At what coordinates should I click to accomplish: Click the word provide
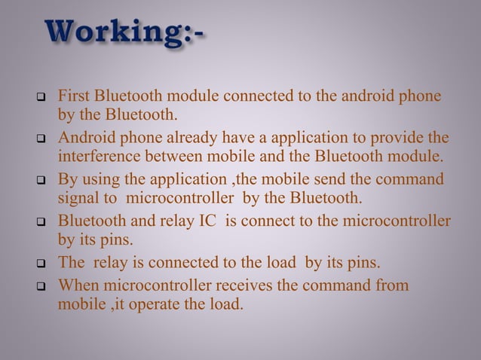[x=396, y=139]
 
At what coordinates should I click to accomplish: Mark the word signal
[x=78, y=200]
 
